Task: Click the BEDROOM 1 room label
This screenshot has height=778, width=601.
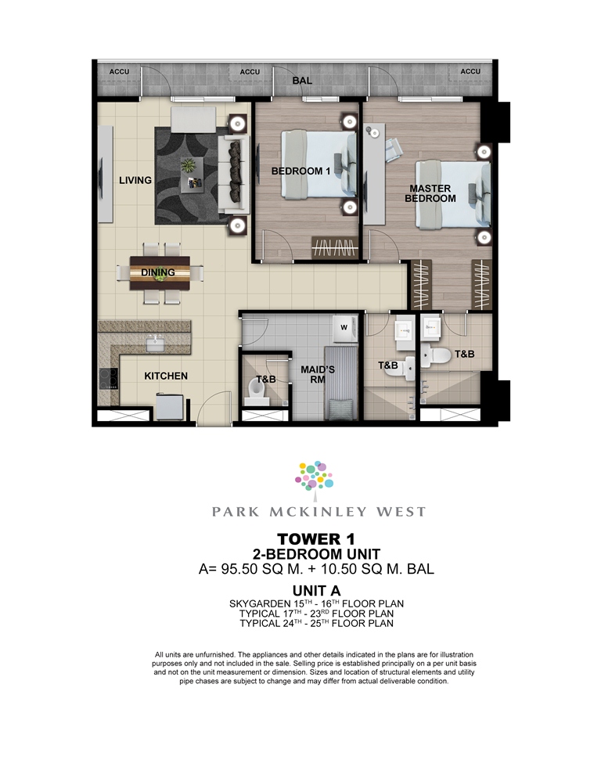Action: coord(300,171)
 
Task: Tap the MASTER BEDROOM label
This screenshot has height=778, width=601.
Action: coord(430,193)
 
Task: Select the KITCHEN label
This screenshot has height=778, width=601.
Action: coord(166,376)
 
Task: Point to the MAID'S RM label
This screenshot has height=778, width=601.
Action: coord(318,375)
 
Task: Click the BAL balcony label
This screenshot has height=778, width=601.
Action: coord(302,81)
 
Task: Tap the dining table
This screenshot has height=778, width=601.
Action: coord(160,273)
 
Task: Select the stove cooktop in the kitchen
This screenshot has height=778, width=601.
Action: coord(108,379)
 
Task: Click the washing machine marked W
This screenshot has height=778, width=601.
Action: coord(345,329)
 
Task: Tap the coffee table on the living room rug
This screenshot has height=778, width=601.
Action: coord(192,175)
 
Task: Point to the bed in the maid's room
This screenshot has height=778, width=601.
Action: coord(340,383)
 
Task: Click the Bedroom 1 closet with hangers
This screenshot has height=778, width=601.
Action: coord(335,247)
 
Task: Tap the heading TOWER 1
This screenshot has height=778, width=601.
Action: coord(316,538)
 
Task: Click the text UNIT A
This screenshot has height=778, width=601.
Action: coord(316,591)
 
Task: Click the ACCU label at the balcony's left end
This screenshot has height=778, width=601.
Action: coord(119,71)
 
